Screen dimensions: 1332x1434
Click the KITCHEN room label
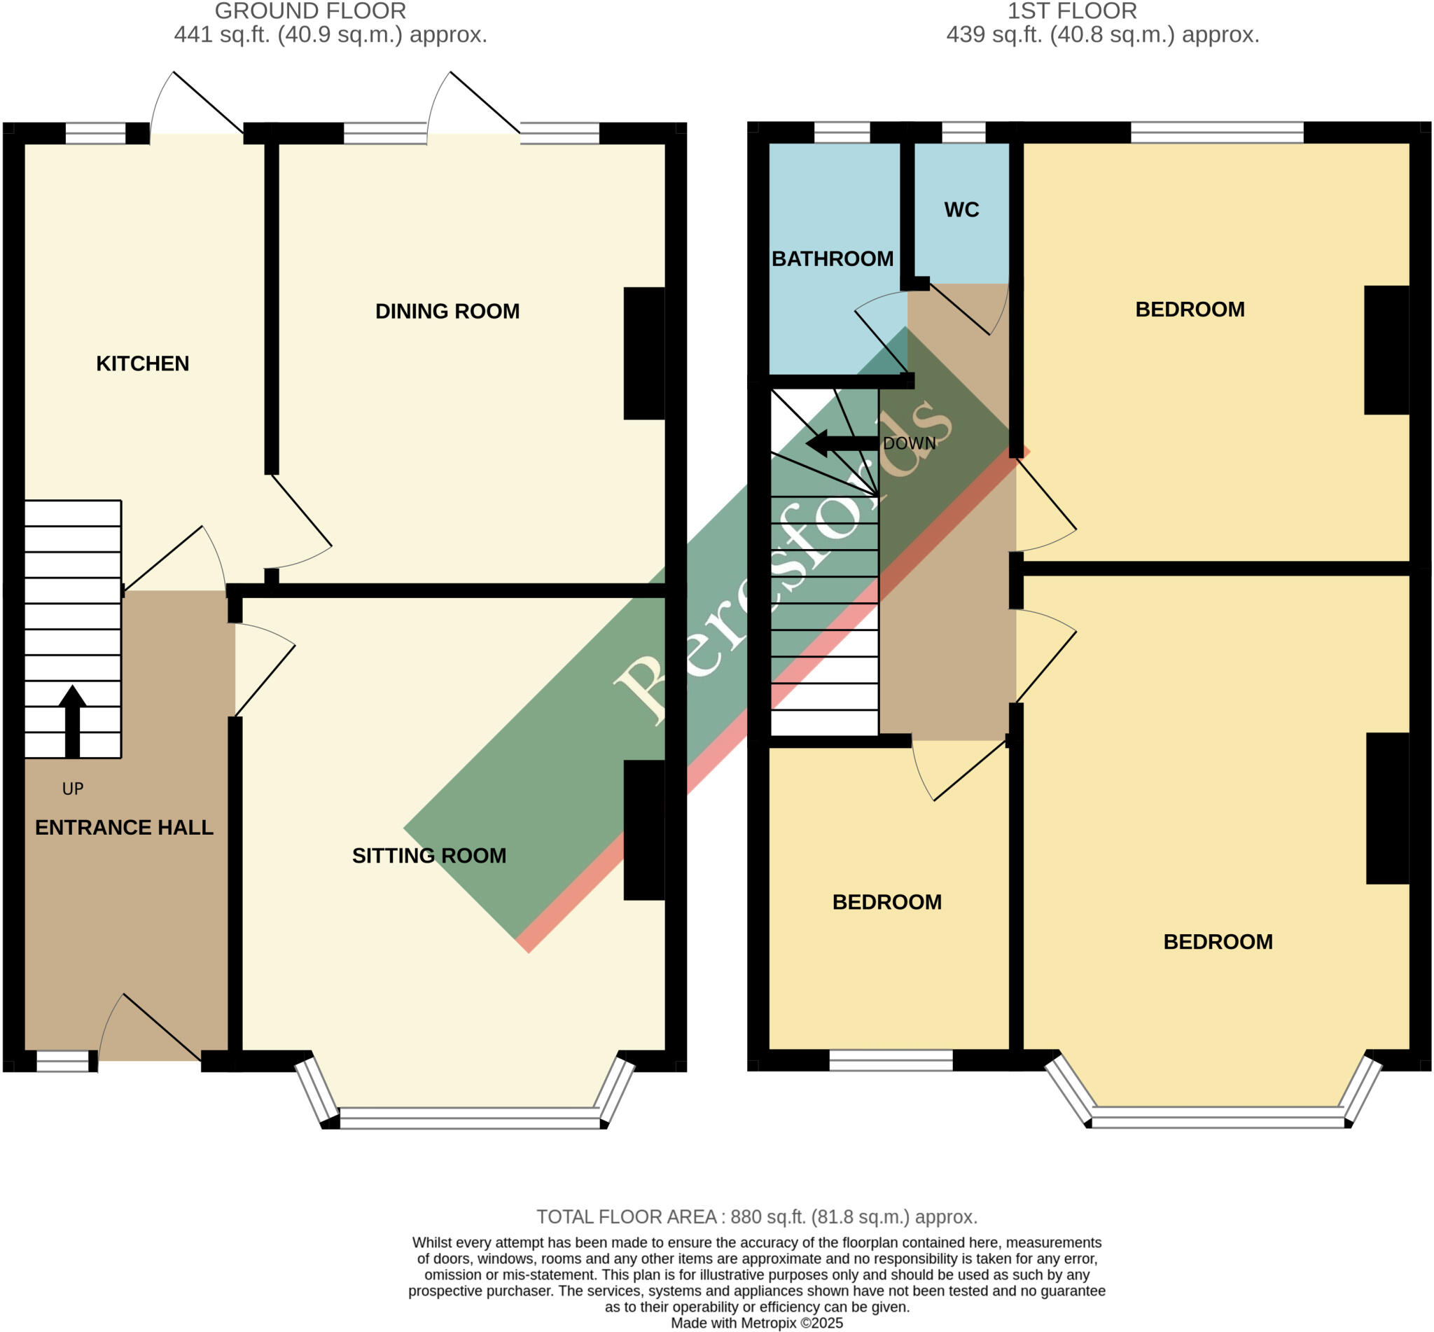pos(143,363)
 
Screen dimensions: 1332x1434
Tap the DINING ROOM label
pos(447,312)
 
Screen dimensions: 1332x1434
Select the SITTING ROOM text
pos(429,856)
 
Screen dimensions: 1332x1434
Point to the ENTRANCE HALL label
pos(124,828)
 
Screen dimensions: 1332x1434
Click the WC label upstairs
pos(961,210)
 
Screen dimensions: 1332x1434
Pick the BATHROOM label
pos(833,258)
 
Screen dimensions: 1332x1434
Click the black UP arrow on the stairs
pos(72,721)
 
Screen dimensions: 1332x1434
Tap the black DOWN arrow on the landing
pos(840,443)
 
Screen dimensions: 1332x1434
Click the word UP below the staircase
pos(73,789)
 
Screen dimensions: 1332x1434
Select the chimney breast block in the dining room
pos(643,353)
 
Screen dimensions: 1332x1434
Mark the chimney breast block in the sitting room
pos(643,831)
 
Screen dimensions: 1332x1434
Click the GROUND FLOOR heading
pos(311,11)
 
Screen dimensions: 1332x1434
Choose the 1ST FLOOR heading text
pos(1071,11)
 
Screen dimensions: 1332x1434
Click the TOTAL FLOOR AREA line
pos(757,1216)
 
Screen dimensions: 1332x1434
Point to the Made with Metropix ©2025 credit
pos(757,1323)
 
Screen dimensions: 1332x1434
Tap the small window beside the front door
pos(63,1061)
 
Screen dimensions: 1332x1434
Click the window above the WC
pos(963,132)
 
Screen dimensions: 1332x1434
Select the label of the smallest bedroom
pos(886,903)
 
